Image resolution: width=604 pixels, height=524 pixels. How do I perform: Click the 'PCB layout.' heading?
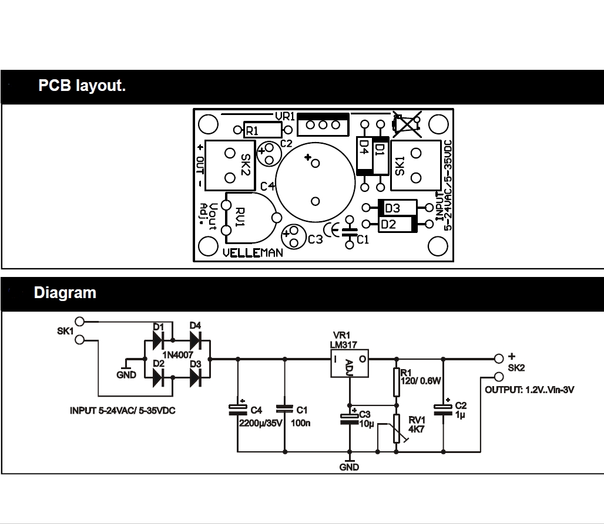point(82,86)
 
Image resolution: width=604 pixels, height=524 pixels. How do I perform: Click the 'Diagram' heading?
point(65,293)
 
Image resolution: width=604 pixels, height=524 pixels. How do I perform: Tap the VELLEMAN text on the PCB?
point(253,253)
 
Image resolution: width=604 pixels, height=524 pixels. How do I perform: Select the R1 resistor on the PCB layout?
point(263,130)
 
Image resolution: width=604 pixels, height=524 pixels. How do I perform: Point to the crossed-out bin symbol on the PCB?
point(407,124)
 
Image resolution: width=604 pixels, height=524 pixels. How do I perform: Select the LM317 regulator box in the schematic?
point(349,364)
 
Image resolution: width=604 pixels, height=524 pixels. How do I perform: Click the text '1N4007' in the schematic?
point(177,354)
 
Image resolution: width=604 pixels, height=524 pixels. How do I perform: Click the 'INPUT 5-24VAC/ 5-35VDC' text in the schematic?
point(122,411)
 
